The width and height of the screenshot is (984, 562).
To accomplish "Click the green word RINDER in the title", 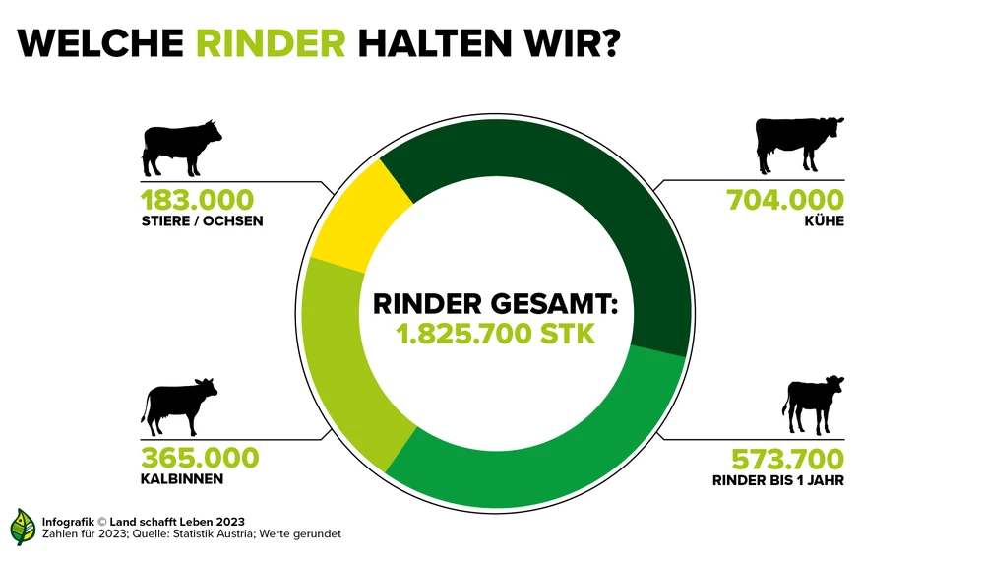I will point(271,43).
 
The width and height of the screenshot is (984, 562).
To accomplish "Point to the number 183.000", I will point(197,198).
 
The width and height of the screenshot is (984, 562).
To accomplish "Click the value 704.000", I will point(784,199).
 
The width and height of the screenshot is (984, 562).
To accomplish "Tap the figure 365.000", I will point(200,458).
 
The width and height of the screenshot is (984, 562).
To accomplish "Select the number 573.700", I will point(787,459).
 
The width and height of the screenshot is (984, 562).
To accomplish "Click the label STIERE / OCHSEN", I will point(202,220).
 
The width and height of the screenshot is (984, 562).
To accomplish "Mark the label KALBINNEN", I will point(182,479).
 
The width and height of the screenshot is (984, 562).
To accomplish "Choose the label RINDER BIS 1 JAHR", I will point(778,481).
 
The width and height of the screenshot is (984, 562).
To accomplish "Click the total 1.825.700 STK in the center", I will point(495,333).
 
